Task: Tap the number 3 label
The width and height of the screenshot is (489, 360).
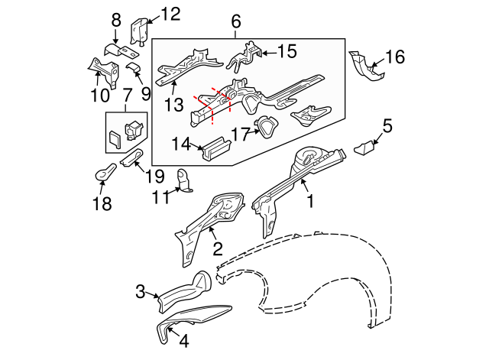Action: [141, 290]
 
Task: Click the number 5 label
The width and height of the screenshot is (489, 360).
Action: [387, 125]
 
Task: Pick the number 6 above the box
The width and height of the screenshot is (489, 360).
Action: [235, 22]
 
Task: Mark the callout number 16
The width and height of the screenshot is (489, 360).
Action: [394, 57]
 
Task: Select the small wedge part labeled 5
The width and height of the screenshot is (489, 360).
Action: [365, 147]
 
